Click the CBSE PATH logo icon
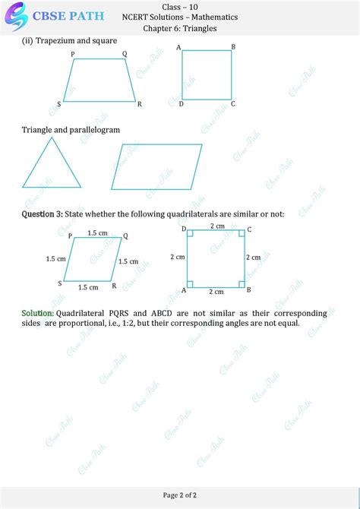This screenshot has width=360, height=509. click(14, 14)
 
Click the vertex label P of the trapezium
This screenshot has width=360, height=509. click(73, 54)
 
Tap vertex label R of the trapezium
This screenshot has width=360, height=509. click(139, 104)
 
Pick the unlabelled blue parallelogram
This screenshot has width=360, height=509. click(156, 166)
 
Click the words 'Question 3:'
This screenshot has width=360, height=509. click(42, 214)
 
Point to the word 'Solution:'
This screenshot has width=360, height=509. click(37, 312)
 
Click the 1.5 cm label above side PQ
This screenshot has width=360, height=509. click(96, 232)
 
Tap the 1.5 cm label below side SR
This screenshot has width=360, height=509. click(88, 287)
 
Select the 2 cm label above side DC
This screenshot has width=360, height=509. click(217, 226)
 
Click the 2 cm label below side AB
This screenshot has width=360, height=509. click(216, 292)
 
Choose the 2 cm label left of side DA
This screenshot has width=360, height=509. click(178, 258)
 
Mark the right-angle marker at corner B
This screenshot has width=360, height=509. click(242, 284)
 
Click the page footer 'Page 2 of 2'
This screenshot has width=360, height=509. click(180, 495)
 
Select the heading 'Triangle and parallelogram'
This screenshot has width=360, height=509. click(71, 130)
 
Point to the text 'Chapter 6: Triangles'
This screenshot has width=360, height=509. click(180, 28)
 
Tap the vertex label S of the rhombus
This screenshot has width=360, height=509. click(60, 283)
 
